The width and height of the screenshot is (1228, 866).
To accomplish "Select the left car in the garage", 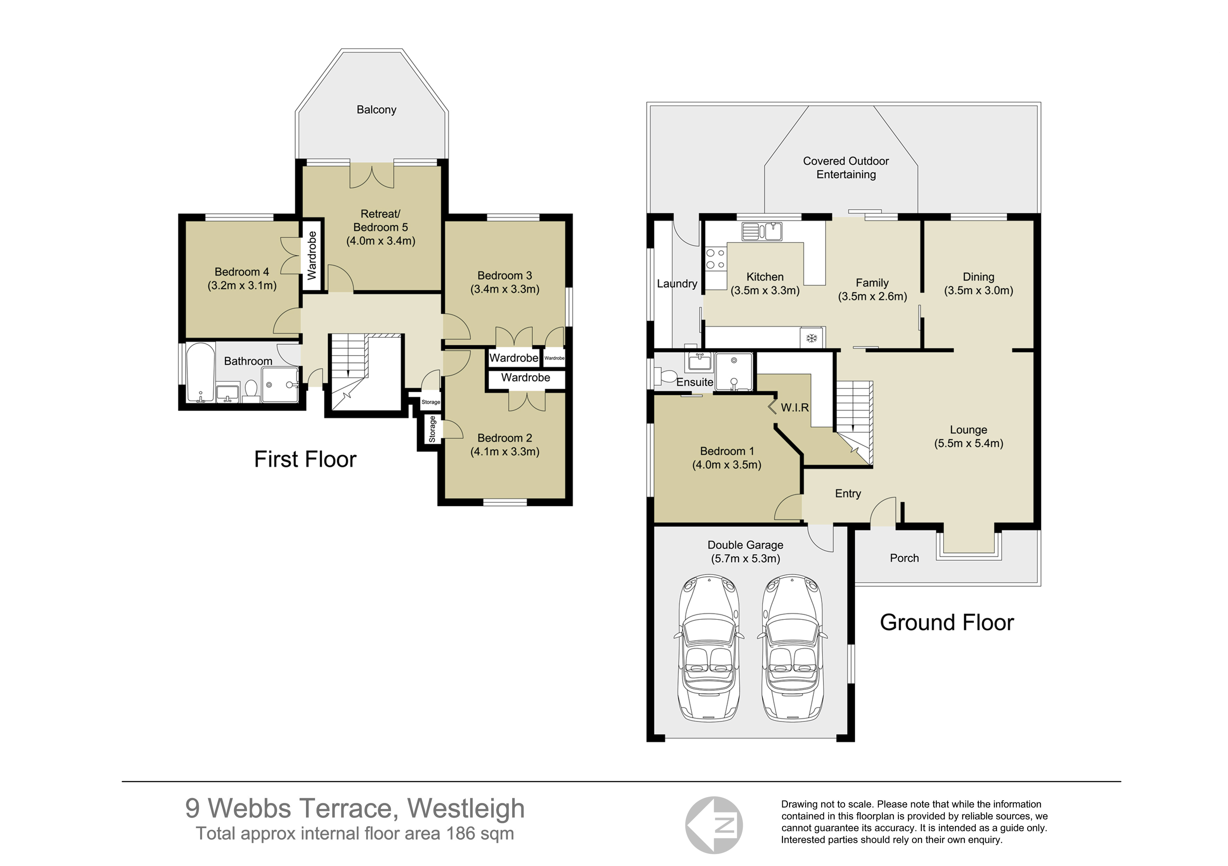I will tap(709, 648).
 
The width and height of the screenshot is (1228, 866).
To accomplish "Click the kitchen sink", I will tap(762, 231).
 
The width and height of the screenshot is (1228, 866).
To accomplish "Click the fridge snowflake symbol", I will tap(811, 338).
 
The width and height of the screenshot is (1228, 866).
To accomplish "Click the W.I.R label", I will tap(794, 408).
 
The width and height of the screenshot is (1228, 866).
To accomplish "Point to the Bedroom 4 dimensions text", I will tap(242, 286).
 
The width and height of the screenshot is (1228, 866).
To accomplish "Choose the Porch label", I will tap(904, 558).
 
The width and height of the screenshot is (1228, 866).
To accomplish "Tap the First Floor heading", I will tap(305, 459).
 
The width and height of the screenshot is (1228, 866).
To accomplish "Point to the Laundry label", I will tap(677, 284).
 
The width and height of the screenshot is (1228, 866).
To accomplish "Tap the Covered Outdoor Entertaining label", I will tap(846, 167).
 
